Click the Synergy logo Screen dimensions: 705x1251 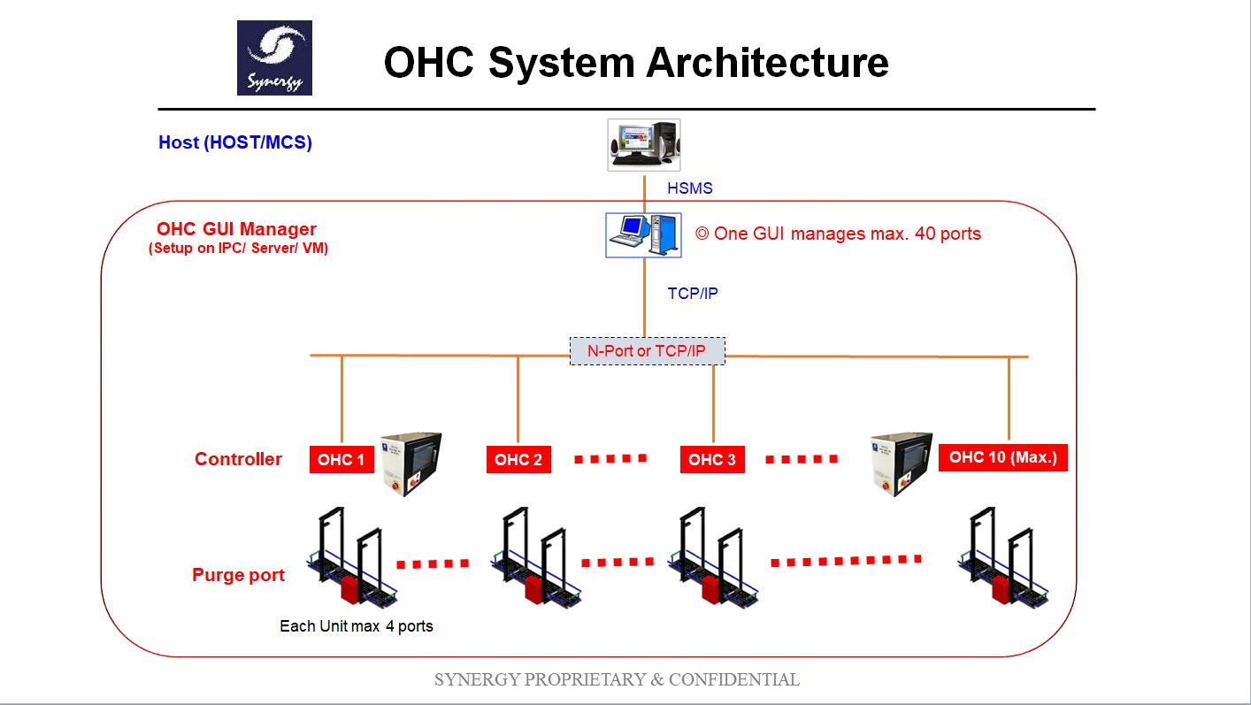point(274,58)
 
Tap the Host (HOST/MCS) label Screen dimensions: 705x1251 point(235,142)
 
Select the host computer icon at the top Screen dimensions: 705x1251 point(643,144)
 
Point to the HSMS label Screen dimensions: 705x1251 point(689,188)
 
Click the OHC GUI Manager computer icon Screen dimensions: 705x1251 point(643,234)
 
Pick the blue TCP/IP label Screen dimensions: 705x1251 point(692,294)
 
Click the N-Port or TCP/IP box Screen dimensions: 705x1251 point(647,351)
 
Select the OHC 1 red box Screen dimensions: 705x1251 point(342,460)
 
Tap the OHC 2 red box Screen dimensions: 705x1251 point(518,460)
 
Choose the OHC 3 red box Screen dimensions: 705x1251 point(712,460)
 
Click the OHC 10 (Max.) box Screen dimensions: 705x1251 point(1002,457)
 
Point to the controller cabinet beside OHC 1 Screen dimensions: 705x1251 point(411,464)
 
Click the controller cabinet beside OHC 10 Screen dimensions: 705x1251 point(901,464)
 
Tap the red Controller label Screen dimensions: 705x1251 point(238,459)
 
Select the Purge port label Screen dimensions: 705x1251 point(238,575)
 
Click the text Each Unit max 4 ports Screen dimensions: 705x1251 point(357,626)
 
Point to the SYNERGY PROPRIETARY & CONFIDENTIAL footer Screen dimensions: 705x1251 point(617,679)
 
